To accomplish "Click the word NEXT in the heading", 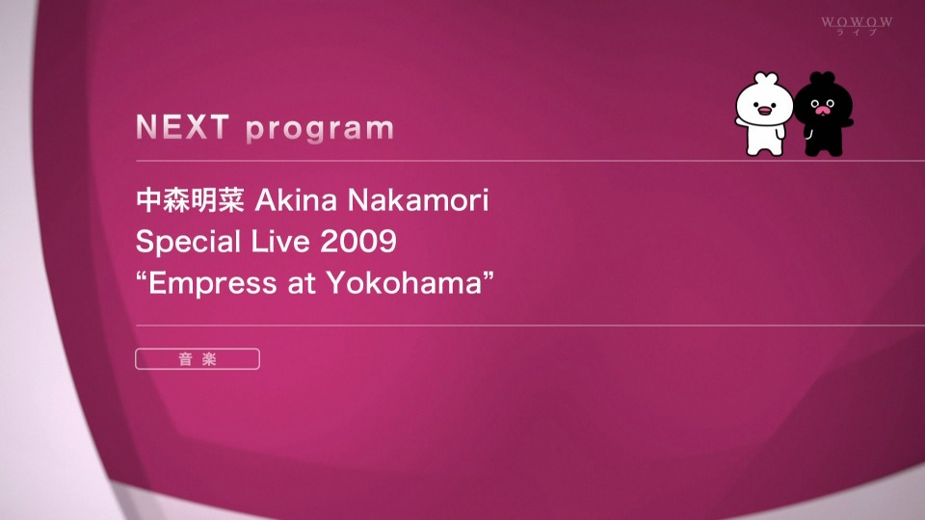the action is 182,127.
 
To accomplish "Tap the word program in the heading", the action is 320,129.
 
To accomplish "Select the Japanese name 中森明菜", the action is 190,200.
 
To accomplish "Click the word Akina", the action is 296,200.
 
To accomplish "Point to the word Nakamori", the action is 418,200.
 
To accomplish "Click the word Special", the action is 188,243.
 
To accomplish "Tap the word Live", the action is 280,242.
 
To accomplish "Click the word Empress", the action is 212,283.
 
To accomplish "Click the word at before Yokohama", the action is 302,284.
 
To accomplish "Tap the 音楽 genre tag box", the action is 197,359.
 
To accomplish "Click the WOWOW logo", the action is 857,25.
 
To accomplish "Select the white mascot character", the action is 763,115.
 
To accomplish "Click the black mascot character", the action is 823,115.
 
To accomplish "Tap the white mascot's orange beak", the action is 764,110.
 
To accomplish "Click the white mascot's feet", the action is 765,150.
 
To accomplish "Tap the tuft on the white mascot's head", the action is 766,78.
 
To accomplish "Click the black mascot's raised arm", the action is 847,123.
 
